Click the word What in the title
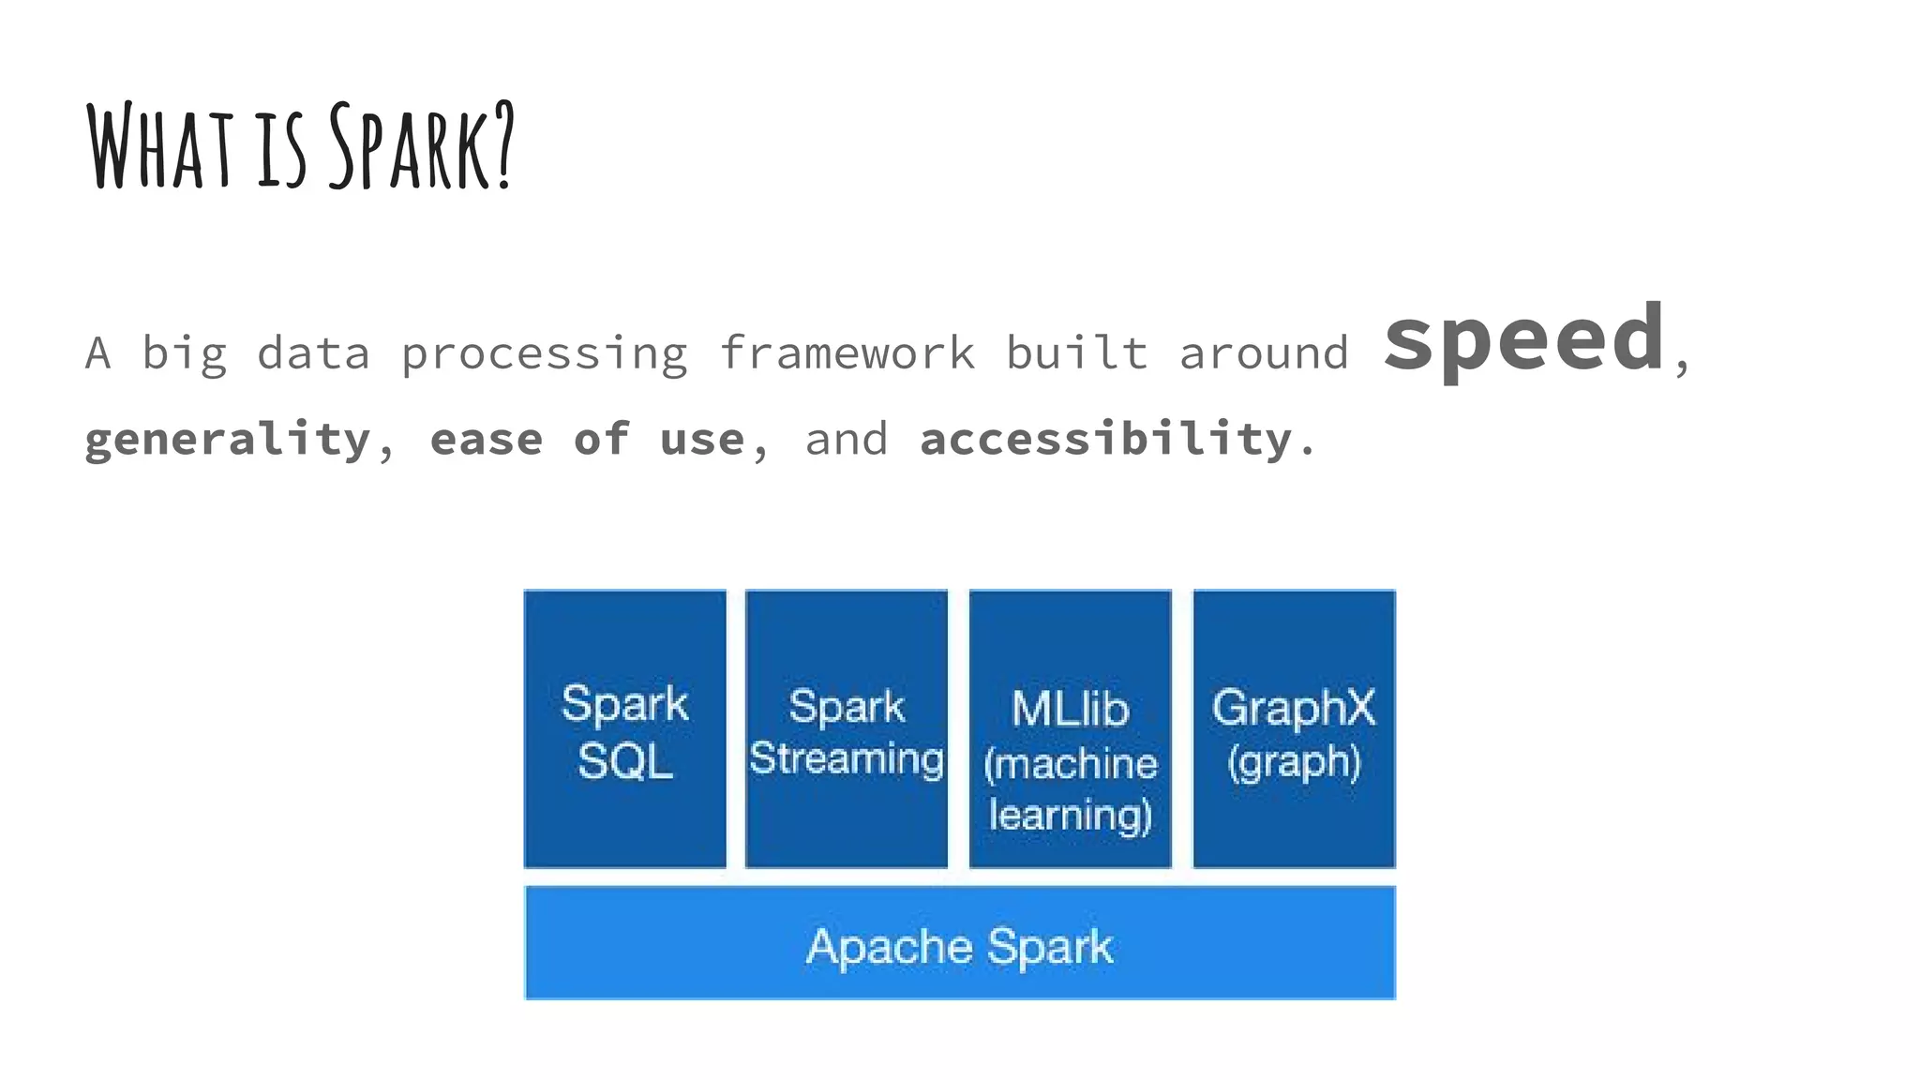[159, 146]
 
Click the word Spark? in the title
[422, 146]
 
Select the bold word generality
[228, 440]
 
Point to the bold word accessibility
[1106, 439]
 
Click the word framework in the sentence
[847, 353]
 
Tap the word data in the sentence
[313, 353]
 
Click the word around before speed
[1263, 353]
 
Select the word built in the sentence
[1076, 353]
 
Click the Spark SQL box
[624, 728]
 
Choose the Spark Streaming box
[847, 728]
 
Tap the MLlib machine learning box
[1070, 728]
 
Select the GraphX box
[1294, 728]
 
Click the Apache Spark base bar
[960, 943]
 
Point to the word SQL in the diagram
[624, 760]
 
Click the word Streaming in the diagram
[847, 758]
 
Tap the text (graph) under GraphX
[1294, 761]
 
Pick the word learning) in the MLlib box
[1070, 815]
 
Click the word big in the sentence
[184, 353]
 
